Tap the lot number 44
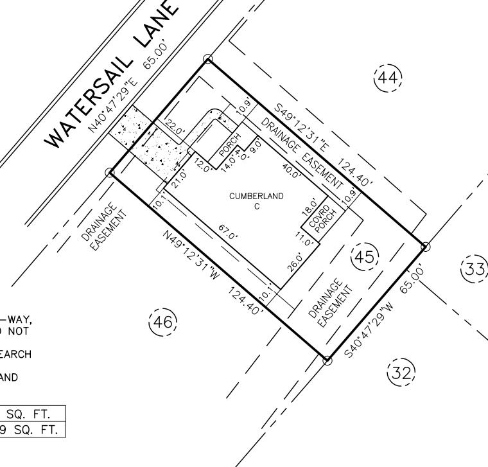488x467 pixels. tap(388, 78)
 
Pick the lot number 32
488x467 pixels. tap(402, 372)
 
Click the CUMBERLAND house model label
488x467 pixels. tap(256, 197)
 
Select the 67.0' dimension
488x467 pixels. tap(226, 231)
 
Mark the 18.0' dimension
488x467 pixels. tap(309, 209)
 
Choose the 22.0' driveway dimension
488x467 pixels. tap(175, 127)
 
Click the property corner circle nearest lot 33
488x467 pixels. tap(424, 246)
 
